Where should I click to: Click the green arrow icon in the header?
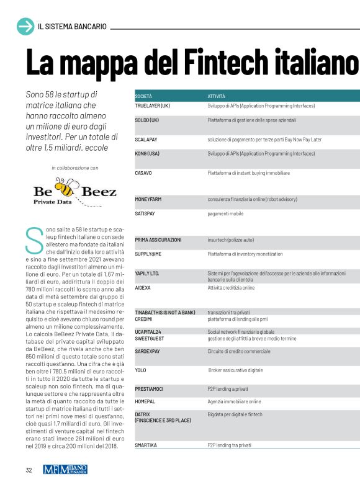coord(25,26)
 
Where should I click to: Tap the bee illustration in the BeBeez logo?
coord(63,185)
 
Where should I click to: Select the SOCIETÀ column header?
coord(143,97)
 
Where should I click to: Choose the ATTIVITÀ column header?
coord(217,97)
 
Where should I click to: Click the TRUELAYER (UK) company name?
coord(152,105)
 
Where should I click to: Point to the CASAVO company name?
coord(143,173)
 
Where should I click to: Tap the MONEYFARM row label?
coord(149,200)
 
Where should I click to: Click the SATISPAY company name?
coord(146,213)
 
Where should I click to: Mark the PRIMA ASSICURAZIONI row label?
coord(158,239)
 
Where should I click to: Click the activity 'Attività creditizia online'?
coord(231,288)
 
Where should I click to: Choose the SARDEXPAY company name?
coord(149,351)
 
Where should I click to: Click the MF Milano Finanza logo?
coord(65,470)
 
